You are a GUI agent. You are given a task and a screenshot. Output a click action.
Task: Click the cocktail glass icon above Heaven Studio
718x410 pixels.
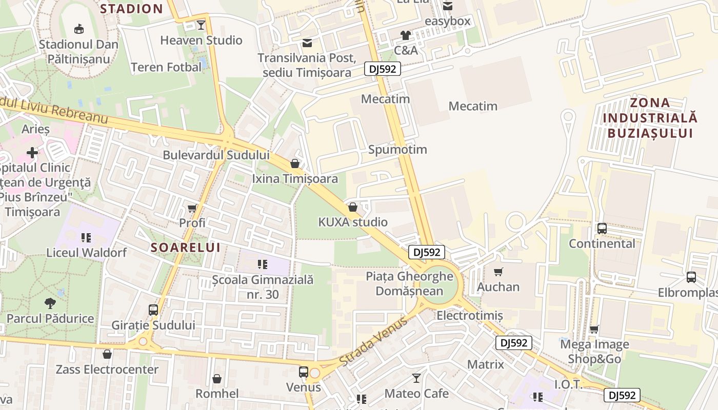click(x=201, y=25)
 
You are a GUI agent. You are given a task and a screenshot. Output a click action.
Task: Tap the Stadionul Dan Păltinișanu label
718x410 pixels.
click(x=78, y=51)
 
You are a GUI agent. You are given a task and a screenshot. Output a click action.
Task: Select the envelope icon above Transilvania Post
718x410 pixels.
click(x=307, y=43)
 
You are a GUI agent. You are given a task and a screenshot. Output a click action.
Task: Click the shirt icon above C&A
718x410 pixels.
click(x=406, y=35)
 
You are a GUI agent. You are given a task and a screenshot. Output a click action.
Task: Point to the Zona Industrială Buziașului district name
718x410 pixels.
click(x=650, y=118)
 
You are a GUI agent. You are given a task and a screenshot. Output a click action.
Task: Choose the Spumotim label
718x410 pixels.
click(x=397, y=150)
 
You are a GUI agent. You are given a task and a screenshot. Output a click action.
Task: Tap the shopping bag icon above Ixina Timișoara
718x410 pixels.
click(x=295, y=163)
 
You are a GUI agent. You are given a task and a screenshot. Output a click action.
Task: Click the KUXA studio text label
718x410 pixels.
click(x=353, y=222)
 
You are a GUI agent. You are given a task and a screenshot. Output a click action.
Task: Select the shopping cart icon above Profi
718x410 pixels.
click(x=192, y=208)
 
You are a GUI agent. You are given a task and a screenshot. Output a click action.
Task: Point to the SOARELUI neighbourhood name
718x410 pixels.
click(x=186, y=248)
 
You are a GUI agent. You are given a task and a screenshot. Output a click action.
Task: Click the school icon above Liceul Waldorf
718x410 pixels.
click(x=86, y=237)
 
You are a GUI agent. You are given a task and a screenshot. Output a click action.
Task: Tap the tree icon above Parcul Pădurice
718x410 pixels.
click(x=50, y=303)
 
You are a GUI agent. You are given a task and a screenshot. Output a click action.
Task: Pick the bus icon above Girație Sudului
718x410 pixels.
click(x=153, y=310)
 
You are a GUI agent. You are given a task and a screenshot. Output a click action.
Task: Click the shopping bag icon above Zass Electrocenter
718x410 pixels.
click(x=107, y=354)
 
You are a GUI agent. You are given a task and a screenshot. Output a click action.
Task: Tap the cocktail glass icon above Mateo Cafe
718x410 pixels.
click(x=416, y=378)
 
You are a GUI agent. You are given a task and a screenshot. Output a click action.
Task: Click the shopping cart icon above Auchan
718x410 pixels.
click(x=498, y=272)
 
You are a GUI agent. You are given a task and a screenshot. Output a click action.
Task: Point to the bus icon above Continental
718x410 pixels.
click(x=602, y=229)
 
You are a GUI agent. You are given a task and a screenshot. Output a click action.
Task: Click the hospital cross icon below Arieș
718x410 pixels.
click(x=32, y=152)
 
